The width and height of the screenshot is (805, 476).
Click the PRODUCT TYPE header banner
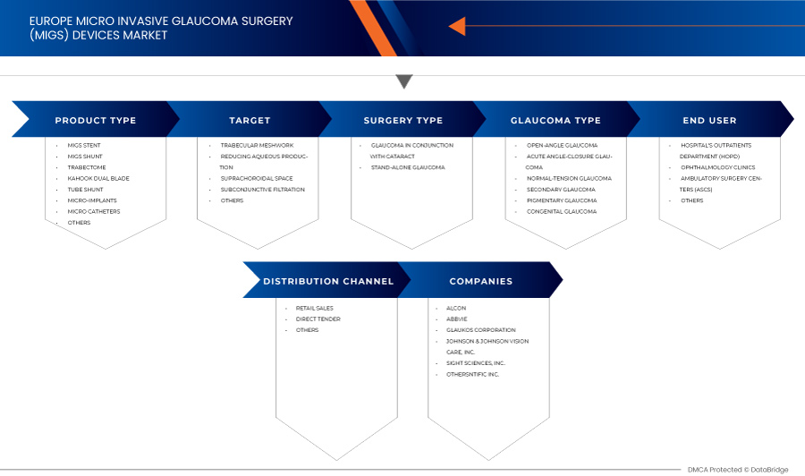[x=95, y=120]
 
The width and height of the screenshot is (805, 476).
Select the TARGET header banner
[x=250, y=120]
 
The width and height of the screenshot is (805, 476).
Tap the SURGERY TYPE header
[x=402, y=120]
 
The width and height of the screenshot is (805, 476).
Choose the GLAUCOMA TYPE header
[x=555, y=120]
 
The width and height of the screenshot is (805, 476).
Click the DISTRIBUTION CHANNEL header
[x=327, y=281]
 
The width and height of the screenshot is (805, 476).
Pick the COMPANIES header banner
[x=481, y=281]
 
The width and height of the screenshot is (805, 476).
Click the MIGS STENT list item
[x=83, y=145]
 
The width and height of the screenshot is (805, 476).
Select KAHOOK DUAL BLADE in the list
[x=98, y=178]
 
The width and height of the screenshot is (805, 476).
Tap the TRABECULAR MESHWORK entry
[x=257, y=145]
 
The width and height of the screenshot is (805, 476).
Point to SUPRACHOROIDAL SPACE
[x=256, y=178]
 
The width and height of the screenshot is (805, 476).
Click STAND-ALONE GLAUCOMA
[x=407, y=167]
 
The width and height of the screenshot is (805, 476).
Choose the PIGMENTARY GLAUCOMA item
[x=562, y=200]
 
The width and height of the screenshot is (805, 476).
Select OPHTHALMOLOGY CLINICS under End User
[x=717, y=167]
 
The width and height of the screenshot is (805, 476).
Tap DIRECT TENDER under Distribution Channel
[x=318, y=319]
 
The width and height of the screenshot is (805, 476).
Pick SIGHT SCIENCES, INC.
[x=476, y=362]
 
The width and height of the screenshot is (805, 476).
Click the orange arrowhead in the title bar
[x=457, y=26]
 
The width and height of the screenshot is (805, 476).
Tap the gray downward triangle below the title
[x=404, y=82]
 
